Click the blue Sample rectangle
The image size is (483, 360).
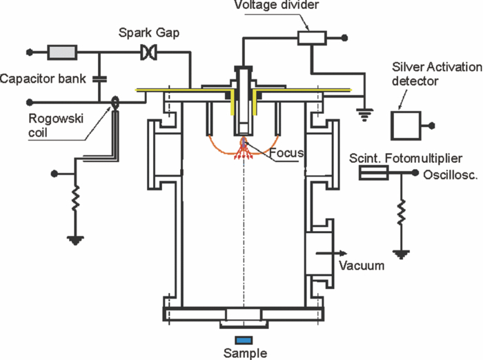[243, 339]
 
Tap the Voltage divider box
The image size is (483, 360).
[311, 38]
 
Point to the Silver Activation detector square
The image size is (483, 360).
[405, 126]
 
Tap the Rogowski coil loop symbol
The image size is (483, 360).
[114, 101]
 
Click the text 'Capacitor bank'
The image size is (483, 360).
[43, 79]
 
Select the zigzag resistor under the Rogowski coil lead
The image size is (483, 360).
[74, 200]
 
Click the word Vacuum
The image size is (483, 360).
[362, 266]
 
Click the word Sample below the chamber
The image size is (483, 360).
[243, 352]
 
